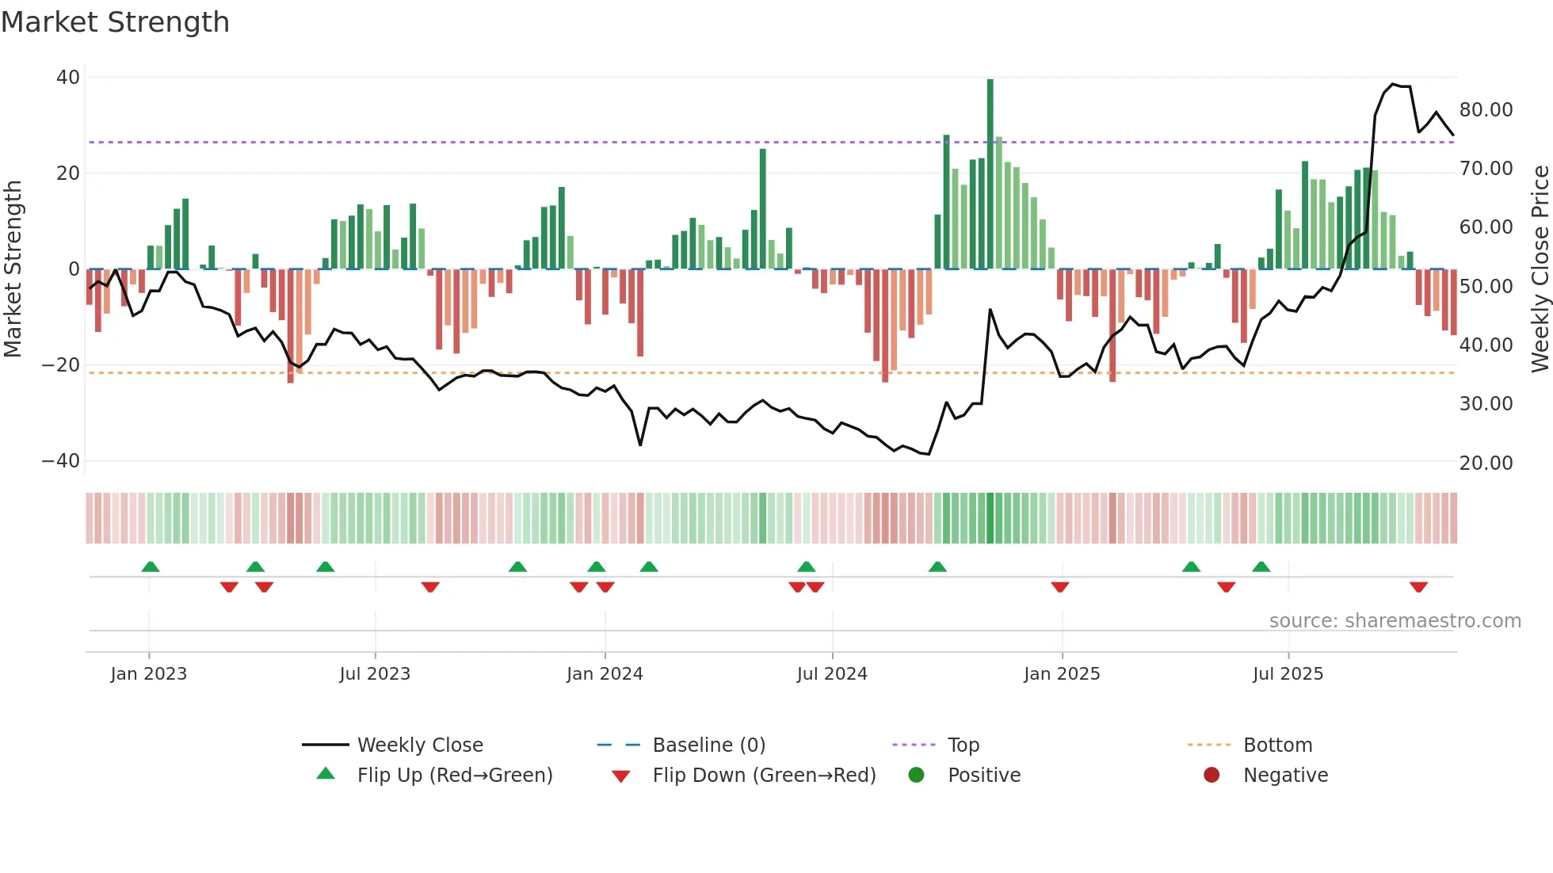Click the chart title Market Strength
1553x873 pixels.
click(x=115, y=22)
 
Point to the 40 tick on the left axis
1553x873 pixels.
click(x=68, y=78)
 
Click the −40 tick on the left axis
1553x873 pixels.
click(x=61, y=461)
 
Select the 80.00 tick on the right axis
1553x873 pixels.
click(x=1486, y=110)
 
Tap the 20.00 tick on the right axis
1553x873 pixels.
click(x=1486, y=463)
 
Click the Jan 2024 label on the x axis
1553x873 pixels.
click(x=605, y=674)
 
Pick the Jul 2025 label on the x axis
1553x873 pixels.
click(x=1288, y=674)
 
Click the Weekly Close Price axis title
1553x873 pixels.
click(x=1540, y=269)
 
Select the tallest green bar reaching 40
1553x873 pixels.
click(x=990, y=174)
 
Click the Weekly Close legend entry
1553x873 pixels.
click(x=420, y=745)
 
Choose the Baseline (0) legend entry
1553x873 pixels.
click(x=708, y=745)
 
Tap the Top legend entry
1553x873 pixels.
click(x=963, y=745)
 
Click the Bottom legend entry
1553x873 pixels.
click(x=1277, y=745)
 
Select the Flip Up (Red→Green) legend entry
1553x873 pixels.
click(x=454, y=776)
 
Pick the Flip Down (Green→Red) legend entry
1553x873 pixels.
click(x=764, y=776)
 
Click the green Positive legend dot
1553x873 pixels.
click(x=917, y=776)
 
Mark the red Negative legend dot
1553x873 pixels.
click(x=1211, y=776)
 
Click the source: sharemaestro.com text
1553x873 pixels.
click(x=1395, y=621)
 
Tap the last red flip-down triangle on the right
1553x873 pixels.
click(x=1418, y=587)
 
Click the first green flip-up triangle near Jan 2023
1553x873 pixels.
click(x=151, y=566)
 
